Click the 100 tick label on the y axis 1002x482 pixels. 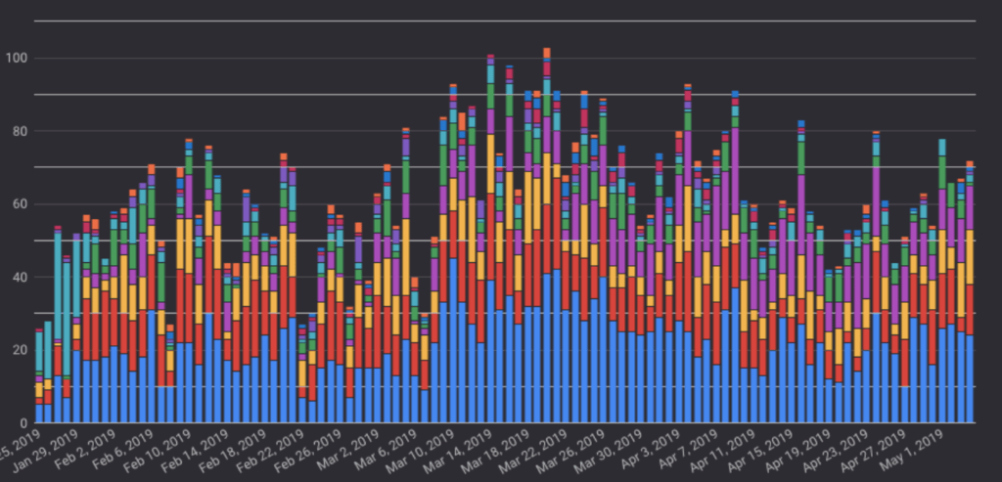(17, 59)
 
